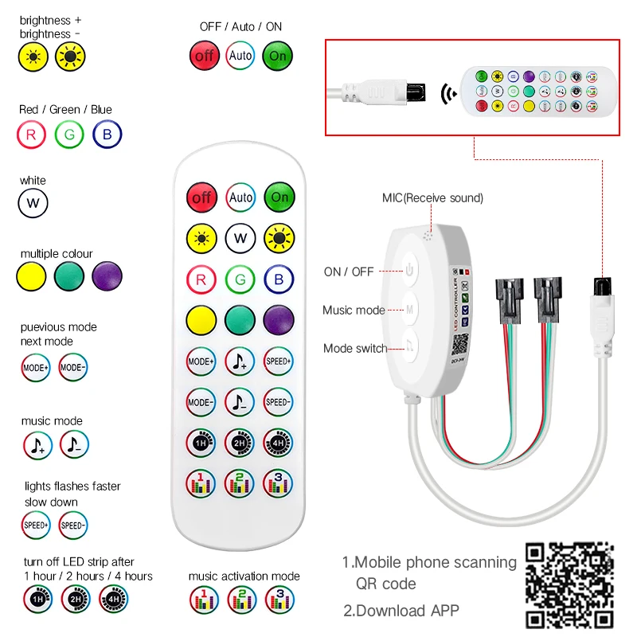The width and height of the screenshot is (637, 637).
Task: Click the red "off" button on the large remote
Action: tap(202, 197)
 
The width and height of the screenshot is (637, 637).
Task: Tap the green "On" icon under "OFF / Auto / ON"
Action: tap(278, 56)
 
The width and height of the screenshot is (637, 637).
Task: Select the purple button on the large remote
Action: tap(278, 320)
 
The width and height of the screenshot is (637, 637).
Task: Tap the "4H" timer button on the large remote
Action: tap(278, 442)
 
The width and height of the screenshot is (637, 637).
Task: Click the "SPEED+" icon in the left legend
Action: tap(36, 525)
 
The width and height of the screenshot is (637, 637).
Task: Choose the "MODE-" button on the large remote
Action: tap(202, 402)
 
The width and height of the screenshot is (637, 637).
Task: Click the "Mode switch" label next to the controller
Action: tap(355, 348)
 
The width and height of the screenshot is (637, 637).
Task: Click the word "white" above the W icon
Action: tap(33, 181)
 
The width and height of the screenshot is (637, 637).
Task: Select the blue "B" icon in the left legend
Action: tap(107, 135)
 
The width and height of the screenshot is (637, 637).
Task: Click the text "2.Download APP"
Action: tap(401, 611)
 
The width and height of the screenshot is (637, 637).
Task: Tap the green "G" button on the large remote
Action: tap(240, 279)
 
